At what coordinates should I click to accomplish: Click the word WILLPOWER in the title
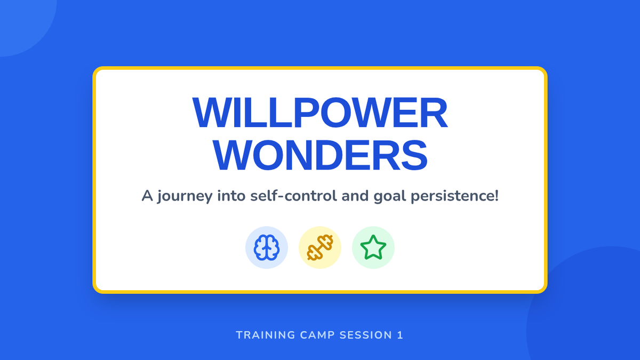pos(320,113)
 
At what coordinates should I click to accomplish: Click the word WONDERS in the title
pos(320,155)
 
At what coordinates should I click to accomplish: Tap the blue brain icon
pos(267,247)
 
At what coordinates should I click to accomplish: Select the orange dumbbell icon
pos(320,247)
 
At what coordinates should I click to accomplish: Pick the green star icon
pos(373,247)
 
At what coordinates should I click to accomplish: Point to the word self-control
pos(293,196)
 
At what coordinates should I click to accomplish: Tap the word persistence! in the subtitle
pos(454,197)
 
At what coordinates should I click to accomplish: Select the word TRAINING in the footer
pos(266,335)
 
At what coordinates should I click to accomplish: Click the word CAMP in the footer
pos(317,335)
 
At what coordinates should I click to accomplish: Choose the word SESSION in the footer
pos(366,335)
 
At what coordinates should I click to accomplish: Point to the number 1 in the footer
pos(400,335)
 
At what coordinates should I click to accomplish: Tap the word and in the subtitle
pos(355,196)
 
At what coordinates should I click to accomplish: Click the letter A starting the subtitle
pos(147,196)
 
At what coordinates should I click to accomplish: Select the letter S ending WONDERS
pos(414,155)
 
